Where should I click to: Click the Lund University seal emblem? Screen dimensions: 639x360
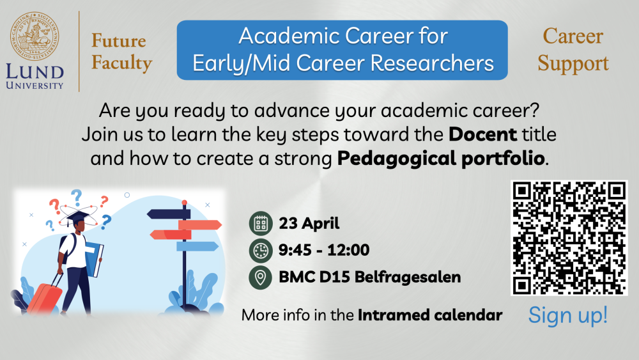tap(35, 36)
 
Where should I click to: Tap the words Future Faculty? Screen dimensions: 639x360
tap(121, 52)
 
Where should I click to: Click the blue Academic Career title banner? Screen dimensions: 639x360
tap(343, 50)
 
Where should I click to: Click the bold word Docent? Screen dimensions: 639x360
tap(483, 134)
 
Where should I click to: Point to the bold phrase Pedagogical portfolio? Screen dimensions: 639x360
tap(441, 159)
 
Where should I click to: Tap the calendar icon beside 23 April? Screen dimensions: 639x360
tap(261, 223)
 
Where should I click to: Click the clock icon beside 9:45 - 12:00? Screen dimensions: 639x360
tap(261, 250)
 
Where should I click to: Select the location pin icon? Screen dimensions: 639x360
tap(261, 278)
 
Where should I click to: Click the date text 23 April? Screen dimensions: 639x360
tap(309, 223)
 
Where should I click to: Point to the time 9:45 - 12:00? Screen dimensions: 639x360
tap(324, 250)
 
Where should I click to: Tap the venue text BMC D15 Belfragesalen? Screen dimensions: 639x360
tap(369, 278)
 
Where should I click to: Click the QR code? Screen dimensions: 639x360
tap(569, 238)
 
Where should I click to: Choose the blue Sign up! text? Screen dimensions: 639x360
tap(567, 315)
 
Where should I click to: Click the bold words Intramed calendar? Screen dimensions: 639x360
tap(430, 315)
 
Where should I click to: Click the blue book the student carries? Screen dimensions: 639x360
tap(94, 260)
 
